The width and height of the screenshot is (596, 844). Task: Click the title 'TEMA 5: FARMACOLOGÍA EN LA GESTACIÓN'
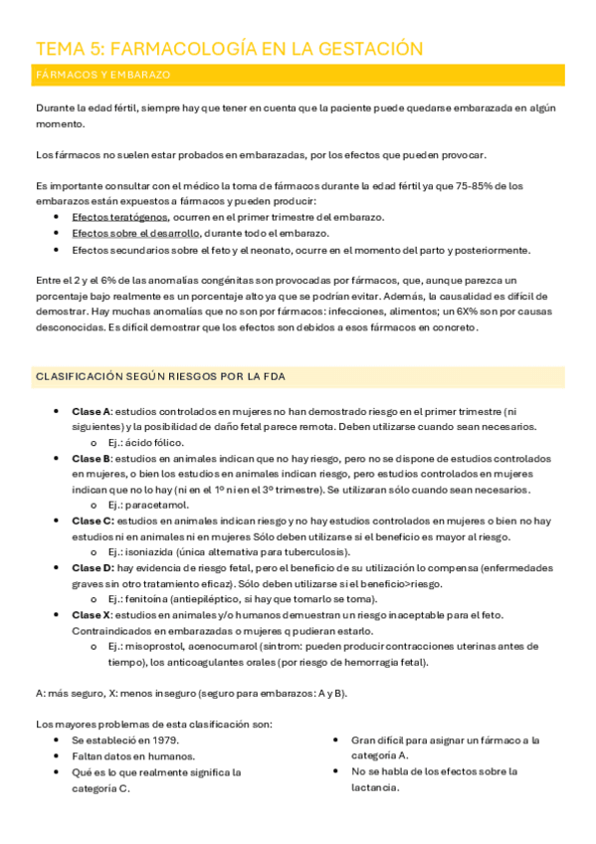[229, 49]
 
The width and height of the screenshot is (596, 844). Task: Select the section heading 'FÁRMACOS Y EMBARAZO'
[103, 75]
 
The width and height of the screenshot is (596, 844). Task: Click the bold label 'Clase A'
[92, 411]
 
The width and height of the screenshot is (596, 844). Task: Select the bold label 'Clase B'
[92, 458]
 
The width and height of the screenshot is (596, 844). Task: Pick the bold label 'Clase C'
[92, 521]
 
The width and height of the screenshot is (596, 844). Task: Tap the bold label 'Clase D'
[92, 567]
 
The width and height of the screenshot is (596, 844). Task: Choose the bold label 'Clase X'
[92, 615]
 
